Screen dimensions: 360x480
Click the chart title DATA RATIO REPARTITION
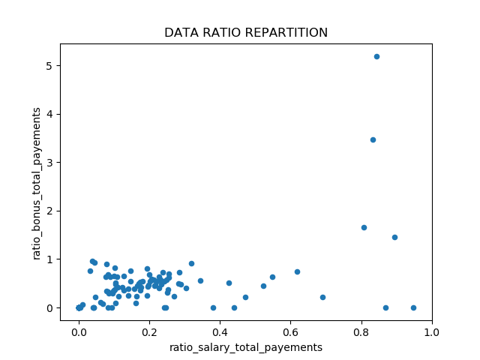[x=246, y=33]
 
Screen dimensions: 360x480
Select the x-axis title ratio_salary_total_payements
[x=246, y=347]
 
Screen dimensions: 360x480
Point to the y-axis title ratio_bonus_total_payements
[x=37, y=183]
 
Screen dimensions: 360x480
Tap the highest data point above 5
[x=376, y=56]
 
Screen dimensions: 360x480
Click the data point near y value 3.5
[x=373, y=139]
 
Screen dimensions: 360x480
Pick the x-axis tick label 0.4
[x=220, y=332]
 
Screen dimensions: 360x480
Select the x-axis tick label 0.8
[x=361, y=332]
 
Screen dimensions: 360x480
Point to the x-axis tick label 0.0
[x=79, y=332]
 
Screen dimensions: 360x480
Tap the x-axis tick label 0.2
[x=149, y=332]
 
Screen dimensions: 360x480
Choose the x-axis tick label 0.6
[x=291, y=332]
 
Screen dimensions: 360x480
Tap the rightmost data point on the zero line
[x=413, y=307]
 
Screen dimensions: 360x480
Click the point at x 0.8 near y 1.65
[x=364, y=227]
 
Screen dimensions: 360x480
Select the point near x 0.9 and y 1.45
[x=394, y=237]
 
